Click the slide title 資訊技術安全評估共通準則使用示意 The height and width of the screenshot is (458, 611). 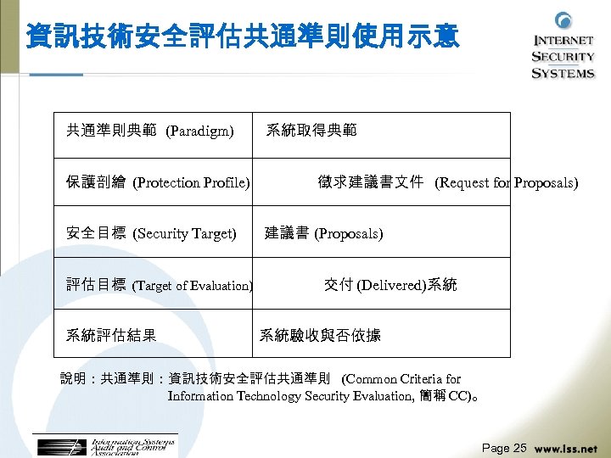coord(243,36)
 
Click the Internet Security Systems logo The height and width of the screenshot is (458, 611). coord(563,47)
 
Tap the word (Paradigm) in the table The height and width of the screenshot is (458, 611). coord(199,131)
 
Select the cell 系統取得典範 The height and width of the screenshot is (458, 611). coord(311,131)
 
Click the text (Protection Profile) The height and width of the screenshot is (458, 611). coord(192,182)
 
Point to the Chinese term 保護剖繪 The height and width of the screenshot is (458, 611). coord(96,182)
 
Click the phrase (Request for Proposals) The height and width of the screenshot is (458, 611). coord(507,182)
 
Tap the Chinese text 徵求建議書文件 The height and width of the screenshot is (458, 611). coord(370,182)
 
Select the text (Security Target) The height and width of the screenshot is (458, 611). coord(185,233)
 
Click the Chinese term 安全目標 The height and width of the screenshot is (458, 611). coord(96,233)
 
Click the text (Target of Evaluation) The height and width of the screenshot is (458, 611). coord(193,286)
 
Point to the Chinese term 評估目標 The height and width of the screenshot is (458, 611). coord(96,285)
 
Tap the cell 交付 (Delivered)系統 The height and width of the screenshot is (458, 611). coord(390,285)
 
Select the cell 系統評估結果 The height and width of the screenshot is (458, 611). coord(111,335)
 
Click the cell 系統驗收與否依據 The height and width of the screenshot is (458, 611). coord(320,335)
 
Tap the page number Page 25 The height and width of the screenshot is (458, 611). coord(504,447)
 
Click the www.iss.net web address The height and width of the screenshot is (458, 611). coord(566,448)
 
